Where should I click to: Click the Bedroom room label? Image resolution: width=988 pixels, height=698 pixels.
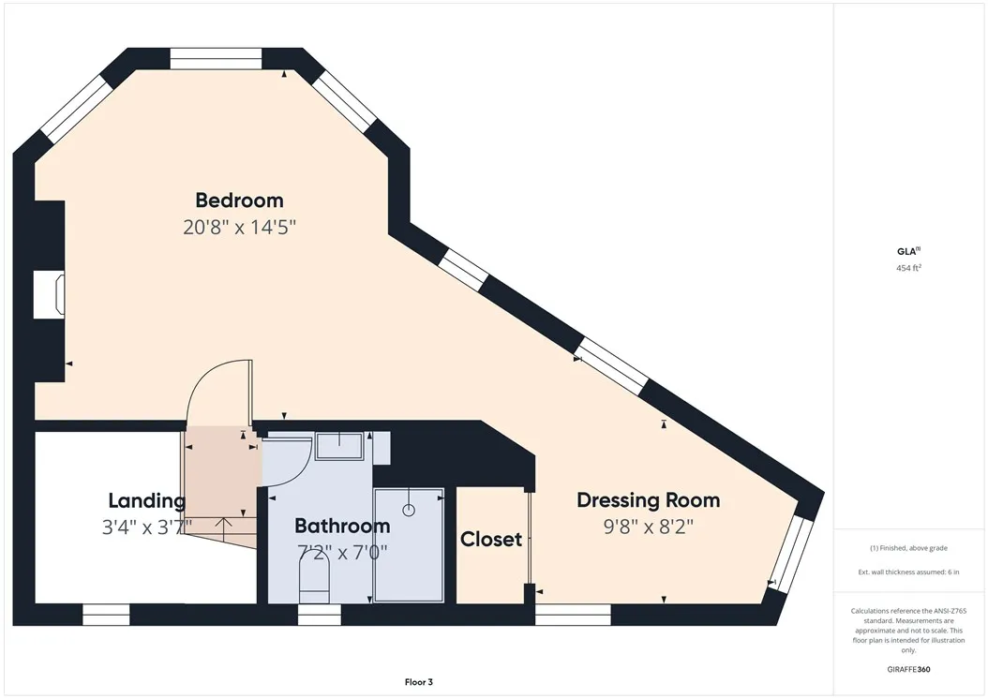[239, 200]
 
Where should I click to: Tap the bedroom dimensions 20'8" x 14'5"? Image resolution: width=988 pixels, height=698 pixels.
[239, 227]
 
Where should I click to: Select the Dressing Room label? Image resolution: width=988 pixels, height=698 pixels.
[649, 500]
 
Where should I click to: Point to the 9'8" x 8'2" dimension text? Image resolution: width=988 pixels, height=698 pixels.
[649, 526]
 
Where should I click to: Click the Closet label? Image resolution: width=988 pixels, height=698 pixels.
[491, 540]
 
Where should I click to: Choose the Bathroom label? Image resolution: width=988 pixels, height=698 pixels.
[342, 526]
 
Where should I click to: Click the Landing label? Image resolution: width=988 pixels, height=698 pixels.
[147, 501]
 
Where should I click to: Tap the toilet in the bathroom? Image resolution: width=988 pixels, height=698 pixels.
[314, 583]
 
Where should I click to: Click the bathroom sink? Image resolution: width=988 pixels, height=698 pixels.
[339, 446]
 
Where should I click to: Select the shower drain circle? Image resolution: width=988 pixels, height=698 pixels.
[409, 511]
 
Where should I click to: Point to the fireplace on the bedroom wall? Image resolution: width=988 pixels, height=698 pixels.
[49, 294]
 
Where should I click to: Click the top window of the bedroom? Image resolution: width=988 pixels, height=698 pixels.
[217, 59]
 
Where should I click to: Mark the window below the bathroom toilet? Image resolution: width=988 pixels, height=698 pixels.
[320, 615]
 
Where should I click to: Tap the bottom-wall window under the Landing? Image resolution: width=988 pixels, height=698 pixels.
[106, 615]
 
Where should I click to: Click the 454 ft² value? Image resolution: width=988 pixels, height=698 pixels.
[908, 268]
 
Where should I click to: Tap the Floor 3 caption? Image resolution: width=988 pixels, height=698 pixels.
[418, 682]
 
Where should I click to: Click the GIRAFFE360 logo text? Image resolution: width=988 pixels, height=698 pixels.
[908, 669]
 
